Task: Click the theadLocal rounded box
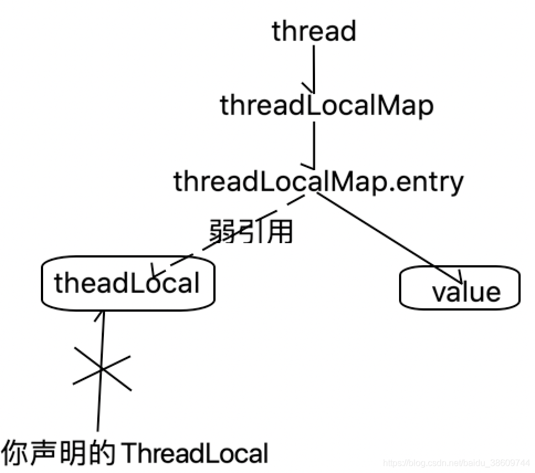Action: pos(127,283)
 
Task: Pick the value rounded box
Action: pos(460,291)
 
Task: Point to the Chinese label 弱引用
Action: pos(250,232)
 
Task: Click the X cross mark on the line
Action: pos(102,369)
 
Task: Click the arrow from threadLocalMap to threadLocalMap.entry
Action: pos(314,144)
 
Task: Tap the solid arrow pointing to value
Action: pos(387,232)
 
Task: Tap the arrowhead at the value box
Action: pos(460,276)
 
